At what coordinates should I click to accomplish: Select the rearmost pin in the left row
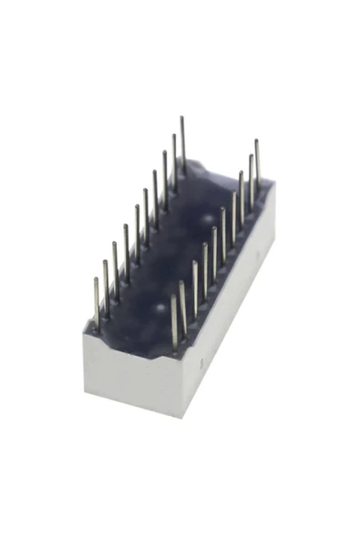tap(183, 146)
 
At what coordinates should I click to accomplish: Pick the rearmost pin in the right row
tap(257, 164)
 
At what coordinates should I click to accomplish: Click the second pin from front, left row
tap(106, 287)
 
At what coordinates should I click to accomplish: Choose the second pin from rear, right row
tap(251, 179)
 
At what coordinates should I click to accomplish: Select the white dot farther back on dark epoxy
tap(221, 216)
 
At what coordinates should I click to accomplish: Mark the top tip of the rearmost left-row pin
tap(182, 119)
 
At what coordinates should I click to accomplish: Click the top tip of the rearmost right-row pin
tap(257, 141)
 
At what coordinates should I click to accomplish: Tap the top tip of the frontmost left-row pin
tap(96, 280)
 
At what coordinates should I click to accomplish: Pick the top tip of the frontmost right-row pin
tap(173, 296)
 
